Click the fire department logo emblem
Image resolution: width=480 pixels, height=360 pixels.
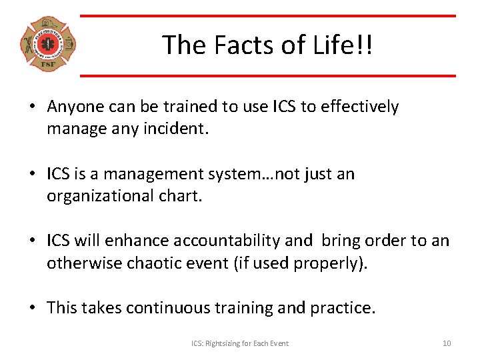[47, 45]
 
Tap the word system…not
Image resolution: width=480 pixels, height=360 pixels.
[256, 174]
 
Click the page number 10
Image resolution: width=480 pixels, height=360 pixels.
[447, 343]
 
